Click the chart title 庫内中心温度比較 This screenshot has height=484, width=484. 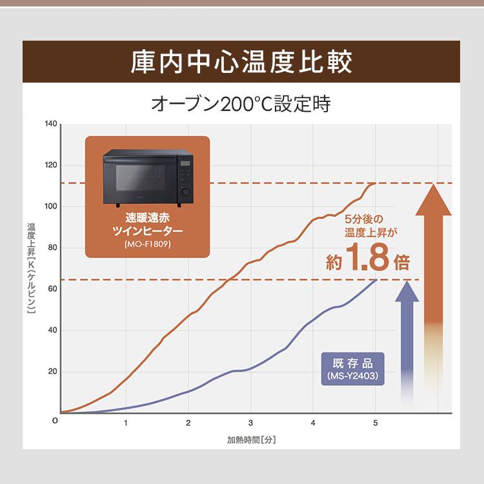241,63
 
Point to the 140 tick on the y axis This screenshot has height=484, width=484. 52,123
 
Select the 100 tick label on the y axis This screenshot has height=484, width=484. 52,207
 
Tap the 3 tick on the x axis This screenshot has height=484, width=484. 250,423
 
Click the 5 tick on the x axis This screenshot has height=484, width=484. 376,423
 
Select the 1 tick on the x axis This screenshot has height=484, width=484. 126,423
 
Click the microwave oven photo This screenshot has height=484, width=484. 148,175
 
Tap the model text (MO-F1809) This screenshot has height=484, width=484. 148,245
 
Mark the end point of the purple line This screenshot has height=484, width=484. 376,279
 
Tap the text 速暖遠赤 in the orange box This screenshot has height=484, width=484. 148,216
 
